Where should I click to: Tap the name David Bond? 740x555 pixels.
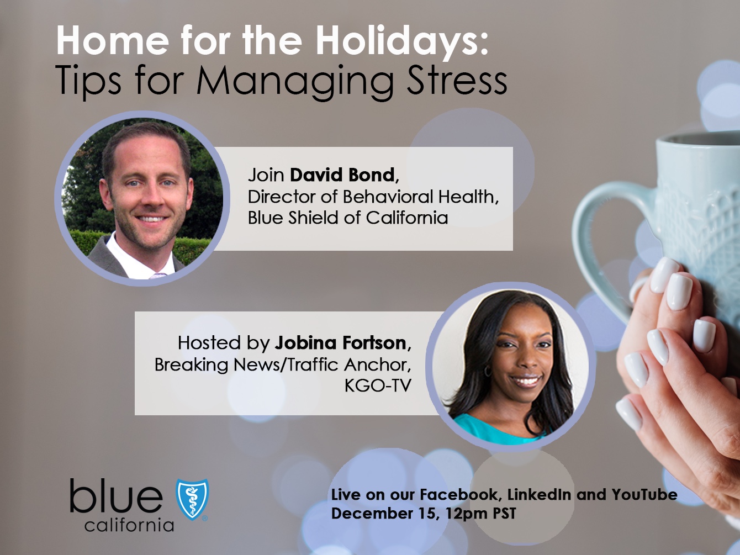(x=342, y=175)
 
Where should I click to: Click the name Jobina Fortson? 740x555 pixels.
(x=341, y=343)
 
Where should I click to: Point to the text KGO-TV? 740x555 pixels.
(x=378, y=385)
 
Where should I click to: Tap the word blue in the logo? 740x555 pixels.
(x=116, y=496)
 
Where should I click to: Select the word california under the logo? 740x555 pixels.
(x=129, y=525)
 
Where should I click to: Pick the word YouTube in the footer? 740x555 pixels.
(x=644, y=494)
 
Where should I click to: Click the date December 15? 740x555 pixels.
(x=378, y=514)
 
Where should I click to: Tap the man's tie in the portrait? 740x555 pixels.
(x=158, y=274)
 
